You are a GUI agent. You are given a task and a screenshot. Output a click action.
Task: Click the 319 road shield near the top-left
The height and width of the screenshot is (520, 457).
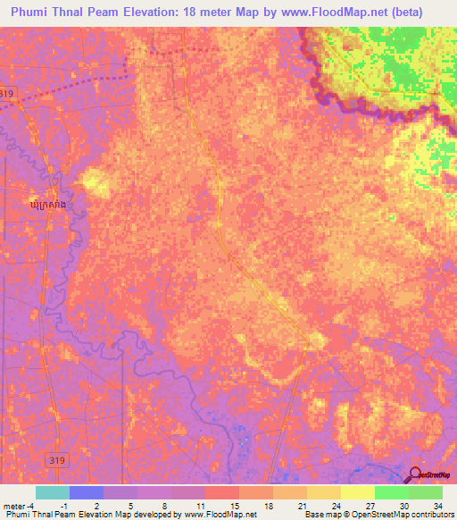coord(8,93)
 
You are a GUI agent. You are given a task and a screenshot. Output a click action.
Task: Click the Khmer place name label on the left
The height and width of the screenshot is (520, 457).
coord(46,205)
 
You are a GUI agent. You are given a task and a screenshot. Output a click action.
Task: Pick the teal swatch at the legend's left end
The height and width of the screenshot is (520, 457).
coord(53,492)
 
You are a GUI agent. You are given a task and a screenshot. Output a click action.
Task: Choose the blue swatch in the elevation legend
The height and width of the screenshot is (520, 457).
coord(87,492)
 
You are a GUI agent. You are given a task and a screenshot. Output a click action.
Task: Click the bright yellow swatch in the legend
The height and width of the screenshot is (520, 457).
coord(357,492)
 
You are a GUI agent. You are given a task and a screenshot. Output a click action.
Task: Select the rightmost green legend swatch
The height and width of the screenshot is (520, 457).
coord(425,492)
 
